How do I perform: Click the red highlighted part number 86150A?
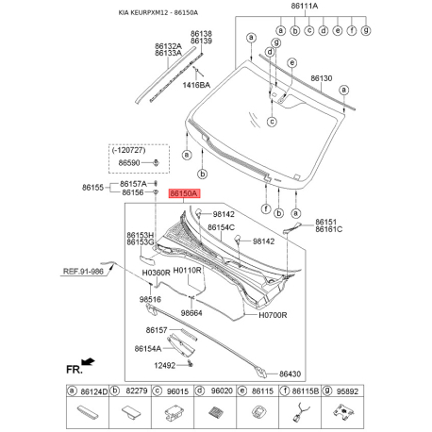pyautogui.click(x=183, y=192)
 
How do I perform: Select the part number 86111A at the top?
pyautogui.click(x=304, y=7)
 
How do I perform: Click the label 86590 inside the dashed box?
pyautogui.click(x=129, y=163)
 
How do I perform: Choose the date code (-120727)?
pyautogui.click(x=129, y=150)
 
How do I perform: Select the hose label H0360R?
pyautogui.click(x=157, y=273)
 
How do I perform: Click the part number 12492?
pyautogui.click(x=166, y=364)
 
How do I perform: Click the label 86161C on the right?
pyautogui.click(x=328, y=229)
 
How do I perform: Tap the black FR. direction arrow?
pyautogui.click(x=88, y=361)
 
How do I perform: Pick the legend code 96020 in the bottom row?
pyautogui.click(x=222, y=390)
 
